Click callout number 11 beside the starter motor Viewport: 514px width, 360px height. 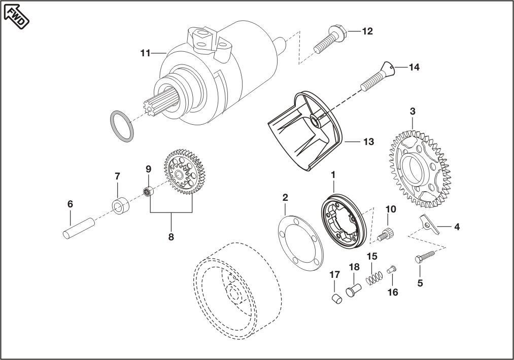(x=145, y=53)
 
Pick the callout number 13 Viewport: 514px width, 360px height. (x=369, y=142)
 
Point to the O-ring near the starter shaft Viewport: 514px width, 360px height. (x=121, y=126)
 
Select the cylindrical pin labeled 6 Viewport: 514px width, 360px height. (x=79, y=228)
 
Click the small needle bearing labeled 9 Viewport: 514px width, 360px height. (x=149, y=191)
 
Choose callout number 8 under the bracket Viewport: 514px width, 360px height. (x=171, y=237)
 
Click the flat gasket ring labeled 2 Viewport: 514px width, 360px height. (x=300, y=243)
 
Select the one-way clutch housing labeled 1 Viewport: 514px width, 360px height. (x=343, y=223)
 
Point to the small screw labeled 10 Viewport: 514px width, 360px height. (x=386, y=234)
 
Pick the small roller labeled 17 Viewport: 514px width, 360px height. (x=336, y=299)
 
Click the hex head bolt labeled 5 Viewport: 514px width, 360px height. (x=425, y=256)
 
